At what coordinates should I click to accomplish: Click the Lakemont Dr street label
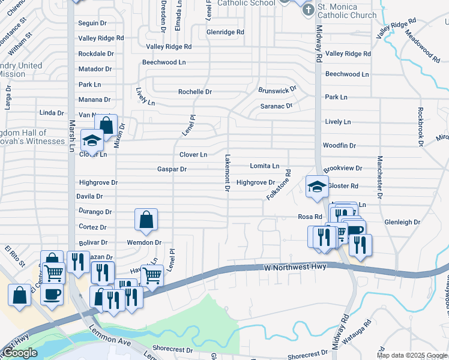(228, 173)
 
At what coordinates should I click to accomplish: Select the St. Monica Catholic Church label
(347, 11)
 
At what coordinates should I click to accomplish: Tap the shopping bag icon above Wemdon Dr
(146, 220)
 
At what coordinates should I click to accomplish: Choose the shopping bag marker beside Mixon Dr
(106, 126)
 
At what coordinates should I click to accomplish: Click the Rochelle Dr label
(195, 92)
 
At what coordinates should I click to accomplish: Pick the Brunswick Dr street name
(277, 90)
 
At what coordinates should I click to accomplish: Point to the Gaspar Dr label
(172, 169)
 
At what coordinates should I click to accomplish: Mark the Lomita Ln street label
(264, 166)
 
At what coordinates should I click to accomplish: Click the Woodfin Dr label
(339, 146)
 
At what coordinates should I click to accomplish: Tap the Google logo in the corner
(20, 352)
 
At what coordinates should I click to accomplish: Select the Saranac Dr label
(276, 106)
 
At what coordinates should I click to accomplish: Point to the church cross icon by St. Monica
(307, 10)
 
